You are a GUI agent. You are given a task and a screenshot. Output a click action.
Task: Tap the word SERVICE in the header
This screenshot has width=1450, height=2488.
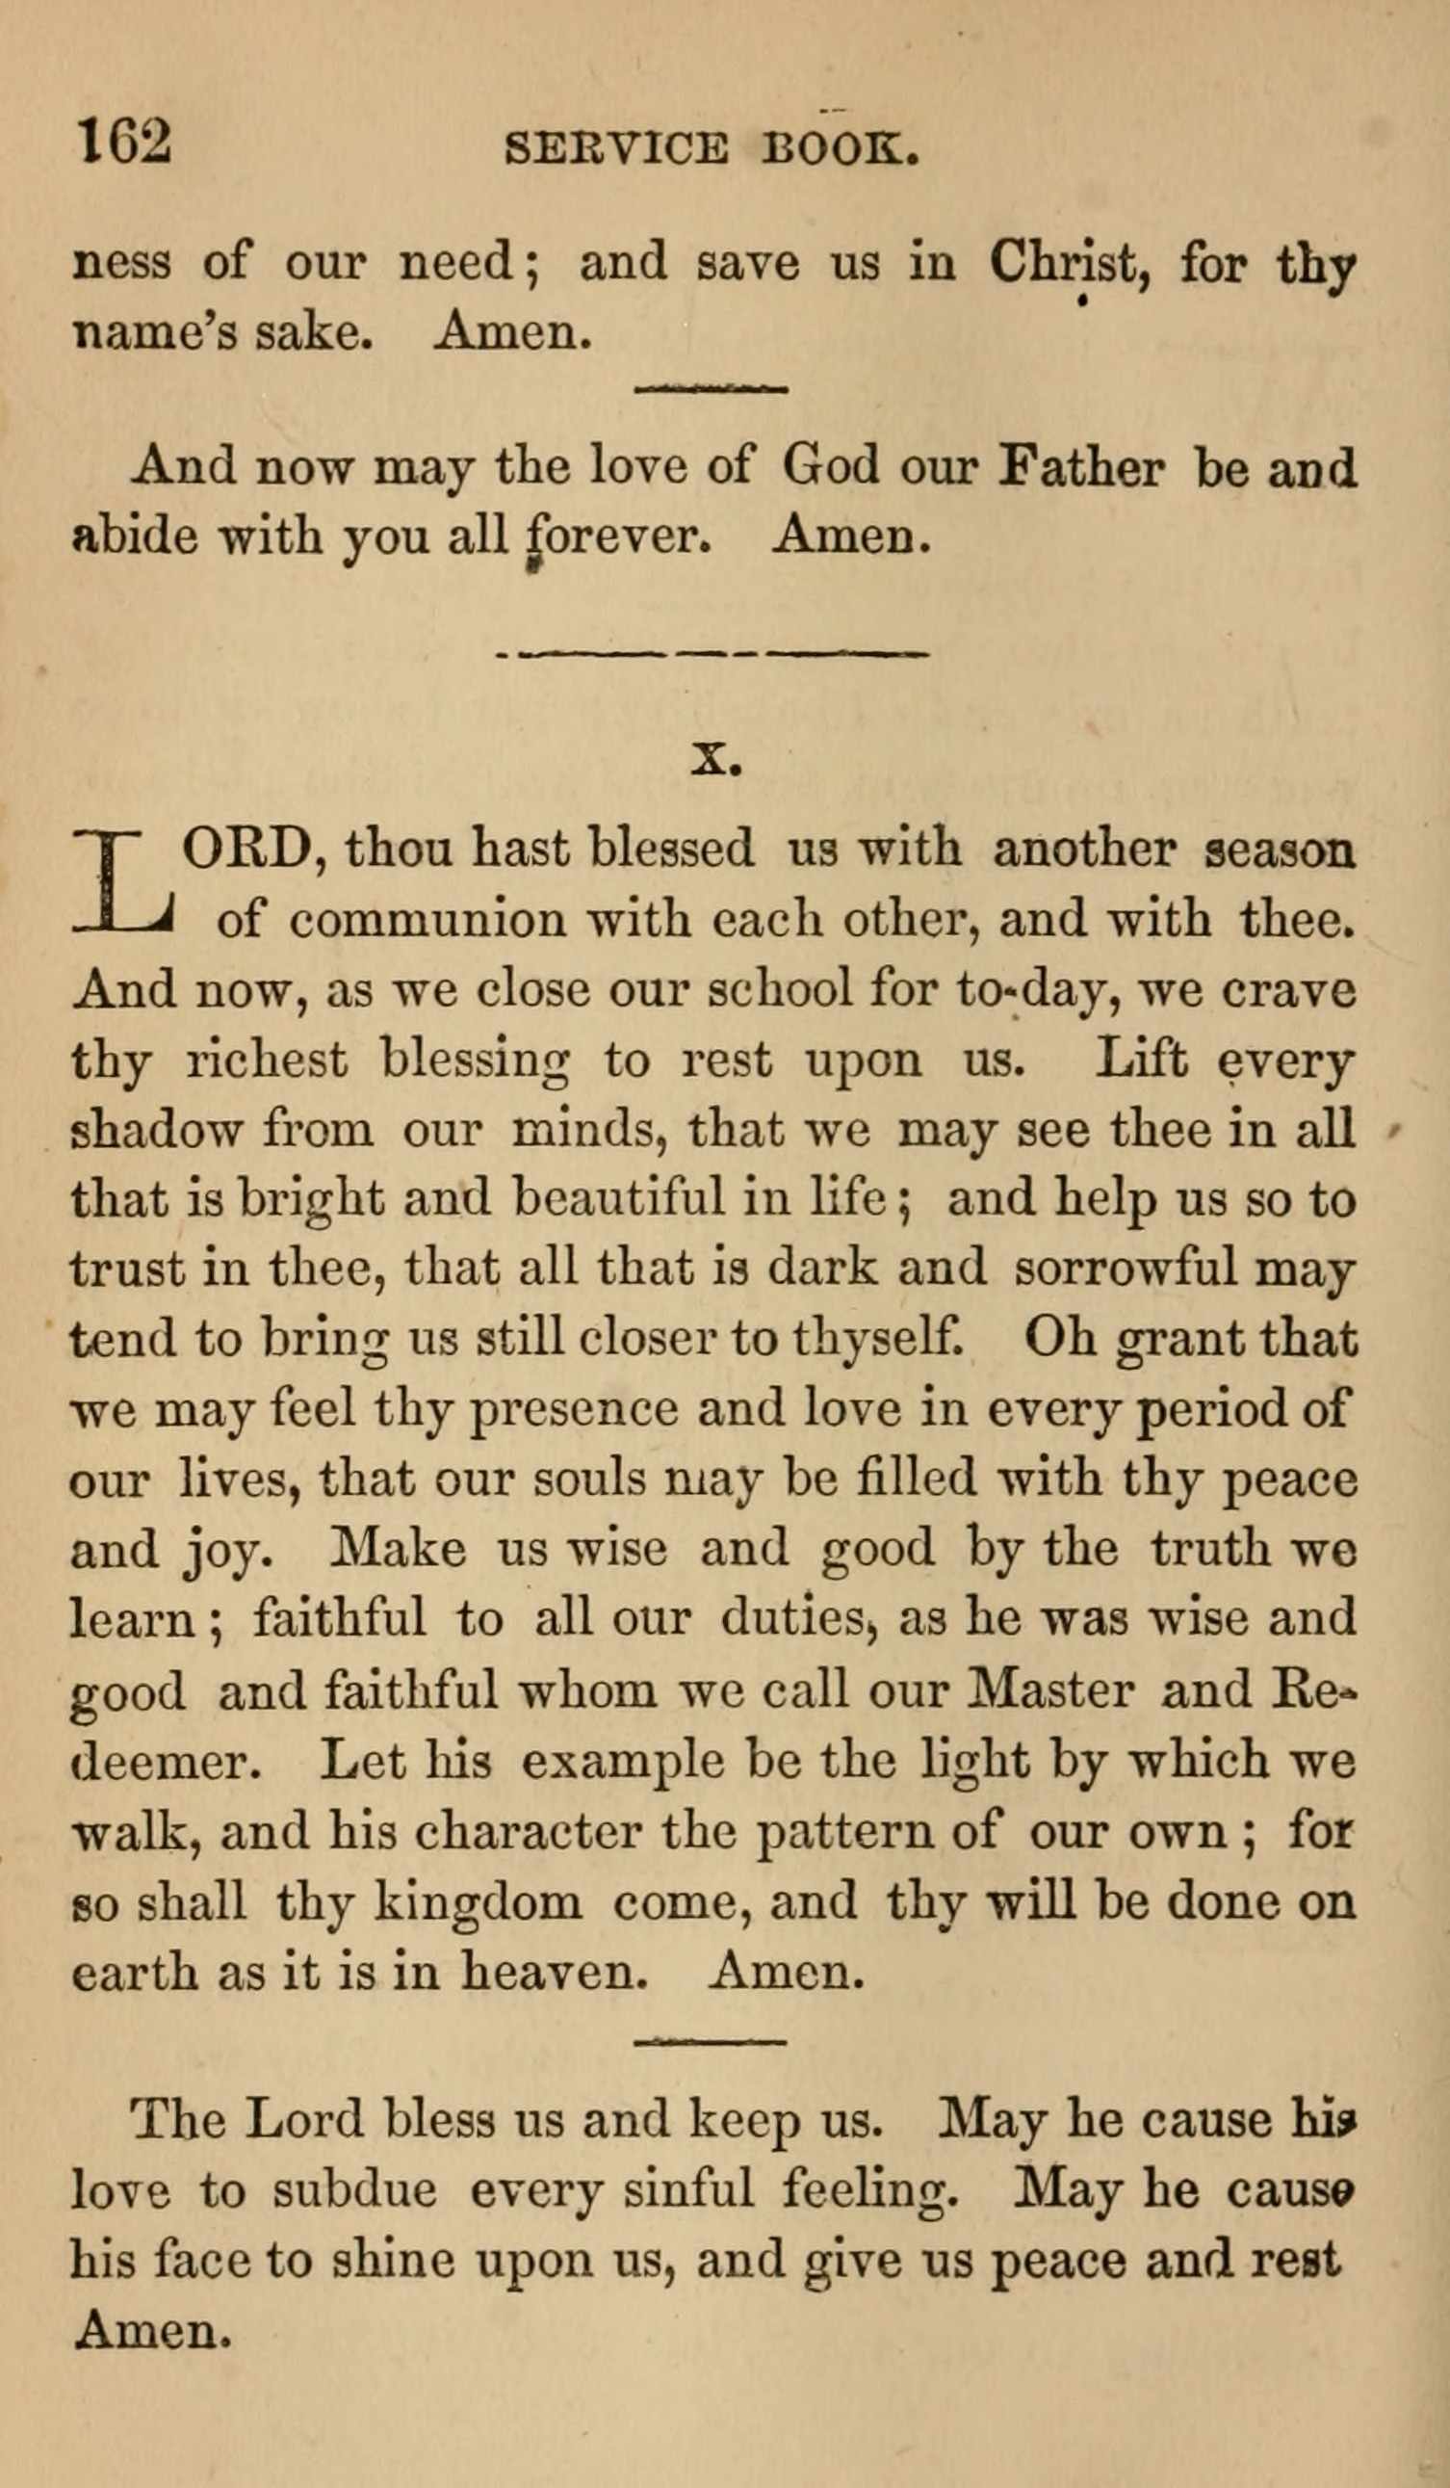616,149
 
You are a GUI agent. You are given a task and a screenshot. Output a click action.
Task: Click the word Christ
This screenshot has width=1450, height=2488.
1072,265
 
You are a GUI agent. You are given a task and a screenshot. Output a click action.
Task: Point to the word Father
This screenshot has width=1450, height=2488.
1082,466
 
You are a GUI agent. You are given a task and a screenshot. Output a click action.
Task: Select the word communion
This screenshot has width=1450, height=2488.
430,920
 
